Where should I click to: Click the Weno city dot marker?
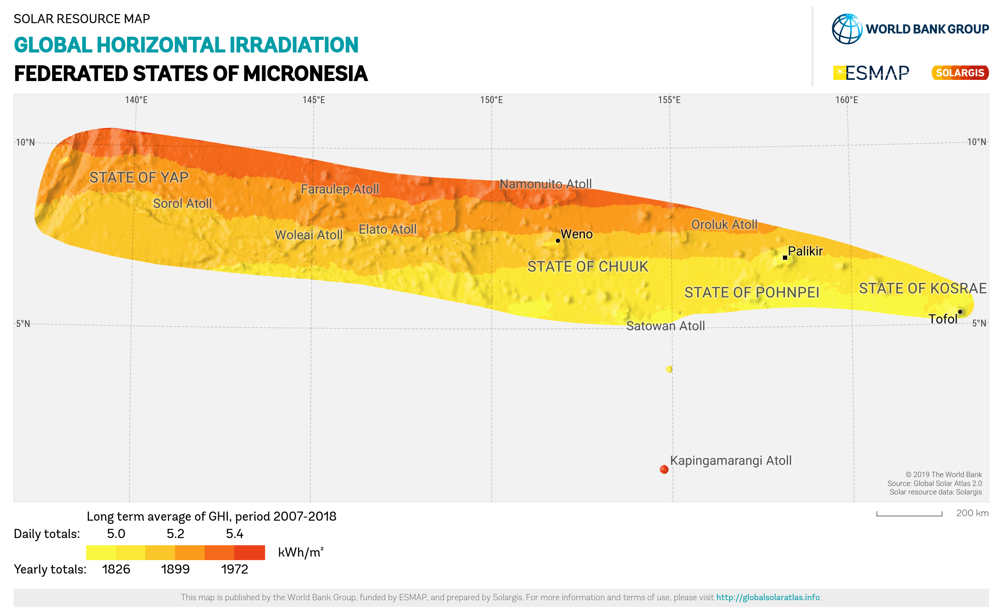coord(558,241)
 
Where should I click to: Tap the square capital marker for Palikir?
coord(784,257)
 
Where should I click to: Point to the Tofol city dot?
coord(960,312)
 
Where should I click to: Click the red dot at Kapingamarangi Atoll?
coord(664,469)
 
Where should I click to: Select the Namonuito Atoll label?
coord(546,184)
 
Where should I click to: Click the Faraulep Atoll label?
coord(340,189)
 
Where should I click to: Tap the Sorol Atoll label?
coord(182,203)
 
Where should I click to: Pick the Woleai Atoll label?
coord(309,235)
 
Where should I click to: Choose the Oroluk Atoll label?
coord(724,225)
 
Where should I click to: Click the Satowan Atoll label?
coord(665,326)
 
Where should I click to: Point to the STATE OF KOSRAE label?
coord(922,288)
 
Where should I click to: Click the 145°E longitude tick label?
coord(314,100)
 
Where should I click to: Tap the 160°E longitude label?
coord(847,100)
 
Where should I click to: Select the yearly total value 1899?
coord(175,569)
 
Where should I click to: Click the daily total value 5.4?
coord(235,534)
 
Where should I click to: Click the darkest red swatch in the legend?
coord(250,552)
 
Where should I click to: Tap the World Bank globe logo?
coord(847,29)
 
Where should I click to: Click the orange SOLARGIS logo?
coord(960,73)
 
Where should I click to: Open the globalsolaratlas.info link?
coord(767,597)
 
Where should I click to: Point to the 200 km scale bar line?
coord(909,515)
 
